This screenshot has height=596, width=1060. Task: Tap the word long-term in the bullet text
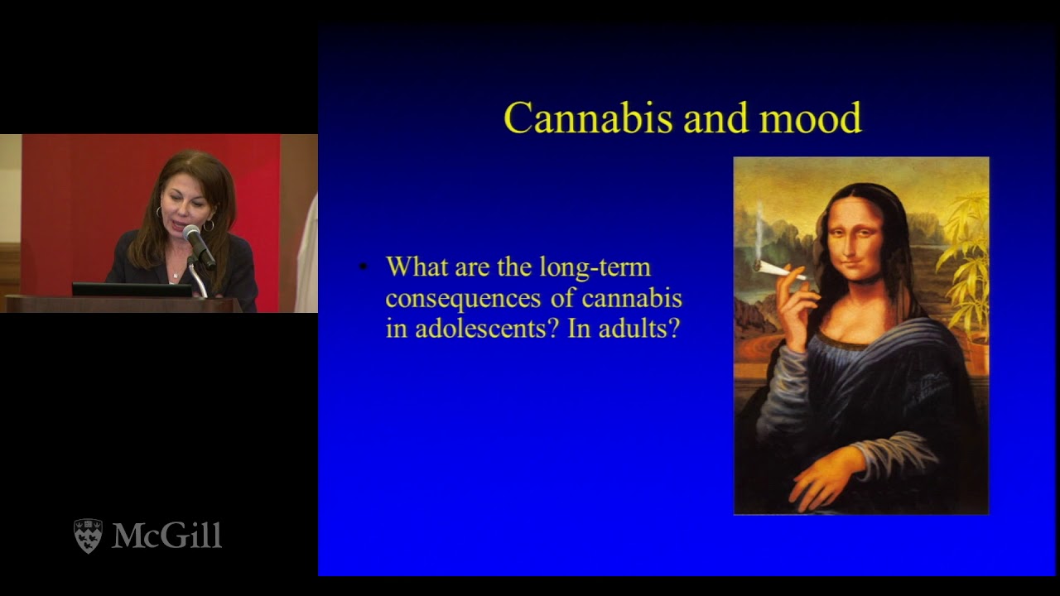(x=595, y=267)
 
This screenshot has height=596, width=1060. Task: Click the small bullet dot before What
(x=363, y=267)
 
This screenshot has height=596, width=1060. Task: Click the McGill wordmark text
(x=166, y=536)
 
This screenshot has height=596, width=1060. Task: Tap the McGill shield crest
(x=88, y=536)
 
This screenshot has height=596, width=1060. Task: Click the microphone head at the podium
(x=194, y=235)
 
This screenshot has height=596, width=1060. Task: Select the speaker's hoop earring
(x=208, y=225)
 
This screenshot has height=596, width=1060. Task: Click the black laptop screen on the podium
(x=120, y=290)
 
